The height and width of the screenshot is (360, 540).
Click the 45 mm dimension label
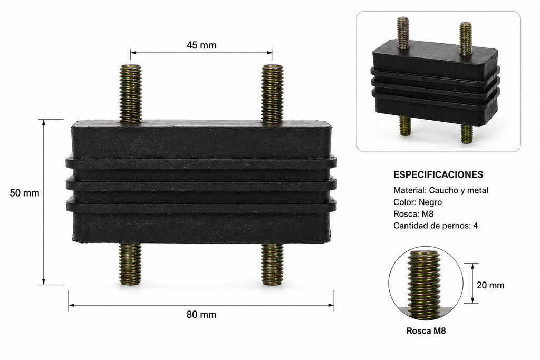pos(201,45)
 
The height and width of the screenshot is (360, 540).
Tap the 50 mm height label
pos(24,193)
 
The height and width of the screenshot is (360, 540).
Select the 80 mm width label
pos(201,315)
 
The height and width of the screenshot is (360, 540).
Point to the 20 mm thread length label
pos(490,285)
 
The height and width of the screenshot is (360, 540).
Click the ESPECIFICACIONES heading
pos(438,175)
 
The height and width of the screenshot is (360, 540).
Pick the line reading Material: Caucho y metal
pos(441,190)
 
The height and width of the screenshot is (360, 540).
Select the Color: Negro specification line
pos(418,202)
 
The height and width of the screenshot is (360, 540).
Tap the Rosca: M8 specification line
pos(413,213)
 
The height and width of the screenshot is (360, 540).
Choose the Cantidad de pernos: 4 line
pos(436,226)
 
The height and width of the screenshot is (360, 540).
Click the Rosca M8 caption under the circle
pos(426,330)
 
